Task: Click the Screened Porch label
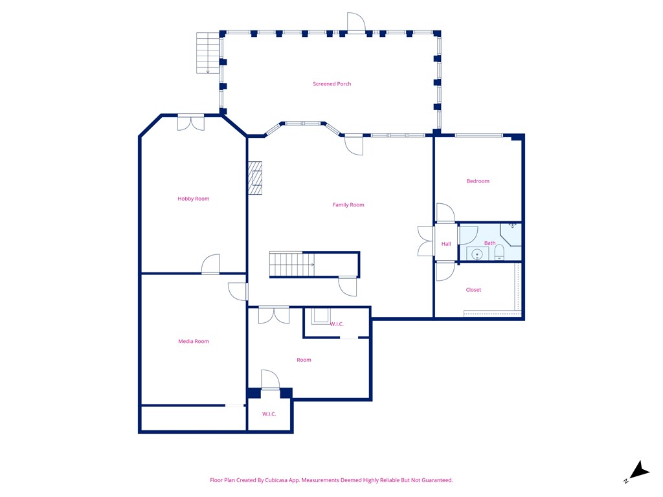(331, 84)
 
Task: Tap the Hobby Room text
(194, 199)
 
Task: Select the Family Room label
(348, 205)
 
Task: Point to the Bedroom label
(478, 181)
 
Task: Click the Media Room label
(194, 341)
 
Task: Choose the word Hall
(446, 244)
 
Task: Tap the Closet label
(473, 290)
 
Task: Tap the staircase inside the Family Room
(291, 265)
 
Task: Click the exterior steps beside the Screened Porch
(208, 52)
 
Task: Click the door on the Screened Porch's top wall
(356, 24)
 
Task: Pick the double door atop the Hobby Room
(191, 123)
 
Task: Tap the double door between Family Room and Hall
(426, 241)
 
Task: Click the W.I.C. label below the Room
(269, 414)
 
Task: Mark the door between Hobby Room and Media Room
(210, 265)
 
